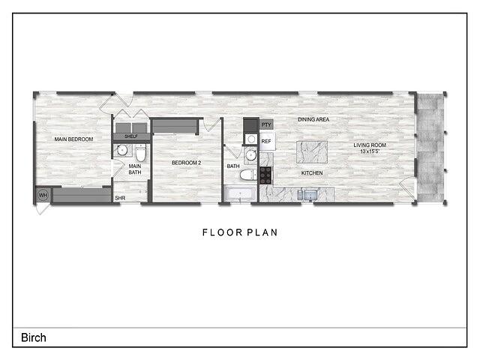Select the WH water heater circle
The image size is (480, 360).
point(43,196)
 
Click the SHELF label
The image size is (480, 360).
point(131,136)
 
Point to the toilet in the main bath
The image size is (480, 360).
point(139,151)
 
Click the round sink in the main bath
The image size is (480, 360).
point(121,151)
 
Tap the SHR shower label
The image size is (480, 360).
point(120,198)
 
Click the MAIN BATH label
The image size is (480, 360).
point(134,169)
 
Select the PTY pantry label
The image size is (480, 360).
point(266,124)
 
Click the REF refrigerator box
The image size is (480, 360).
point(266,141)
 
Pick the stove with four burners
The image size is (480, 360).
point(265,175)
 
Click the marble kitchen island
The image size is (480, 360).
point(313,151)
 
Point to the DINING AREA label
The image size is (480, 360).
point(313,119)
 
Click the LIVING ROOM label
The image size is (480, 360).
point(370,145)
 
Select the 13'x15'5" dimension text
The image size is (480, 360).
point(370,152)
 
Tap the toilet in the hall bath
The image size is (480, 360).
point(245,175)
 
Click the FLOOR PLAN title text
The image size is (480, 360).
point(240,232)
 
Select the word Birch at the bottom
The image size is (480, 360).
point(33,337)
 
